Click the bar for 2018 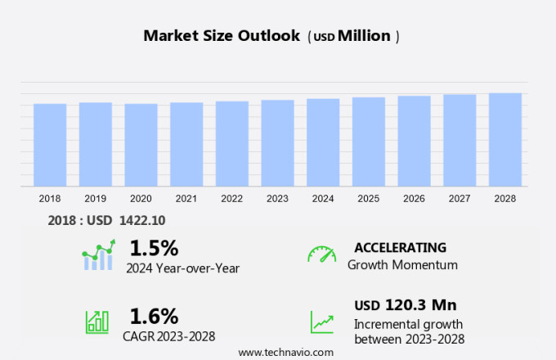coord(50,145)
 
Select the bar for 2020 coord(141,145)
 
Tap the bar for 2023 coord(278,143)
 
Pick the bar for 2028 coord(505,140)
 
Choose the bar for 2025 coord(369,142)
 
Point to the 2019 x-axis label coord(96,199)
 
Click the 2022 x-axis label coord(232,199)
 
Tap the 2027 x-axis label coord(460,199)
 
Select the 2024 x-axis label coord(323,199)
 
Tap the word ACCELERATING coord(400,247)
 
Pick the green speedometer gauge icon coord(321,254)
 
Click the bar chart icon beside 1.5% coord(99,255)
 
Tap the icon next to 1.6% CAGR coord(97,322)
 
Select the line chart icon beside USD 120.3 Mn coord(321,322)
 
